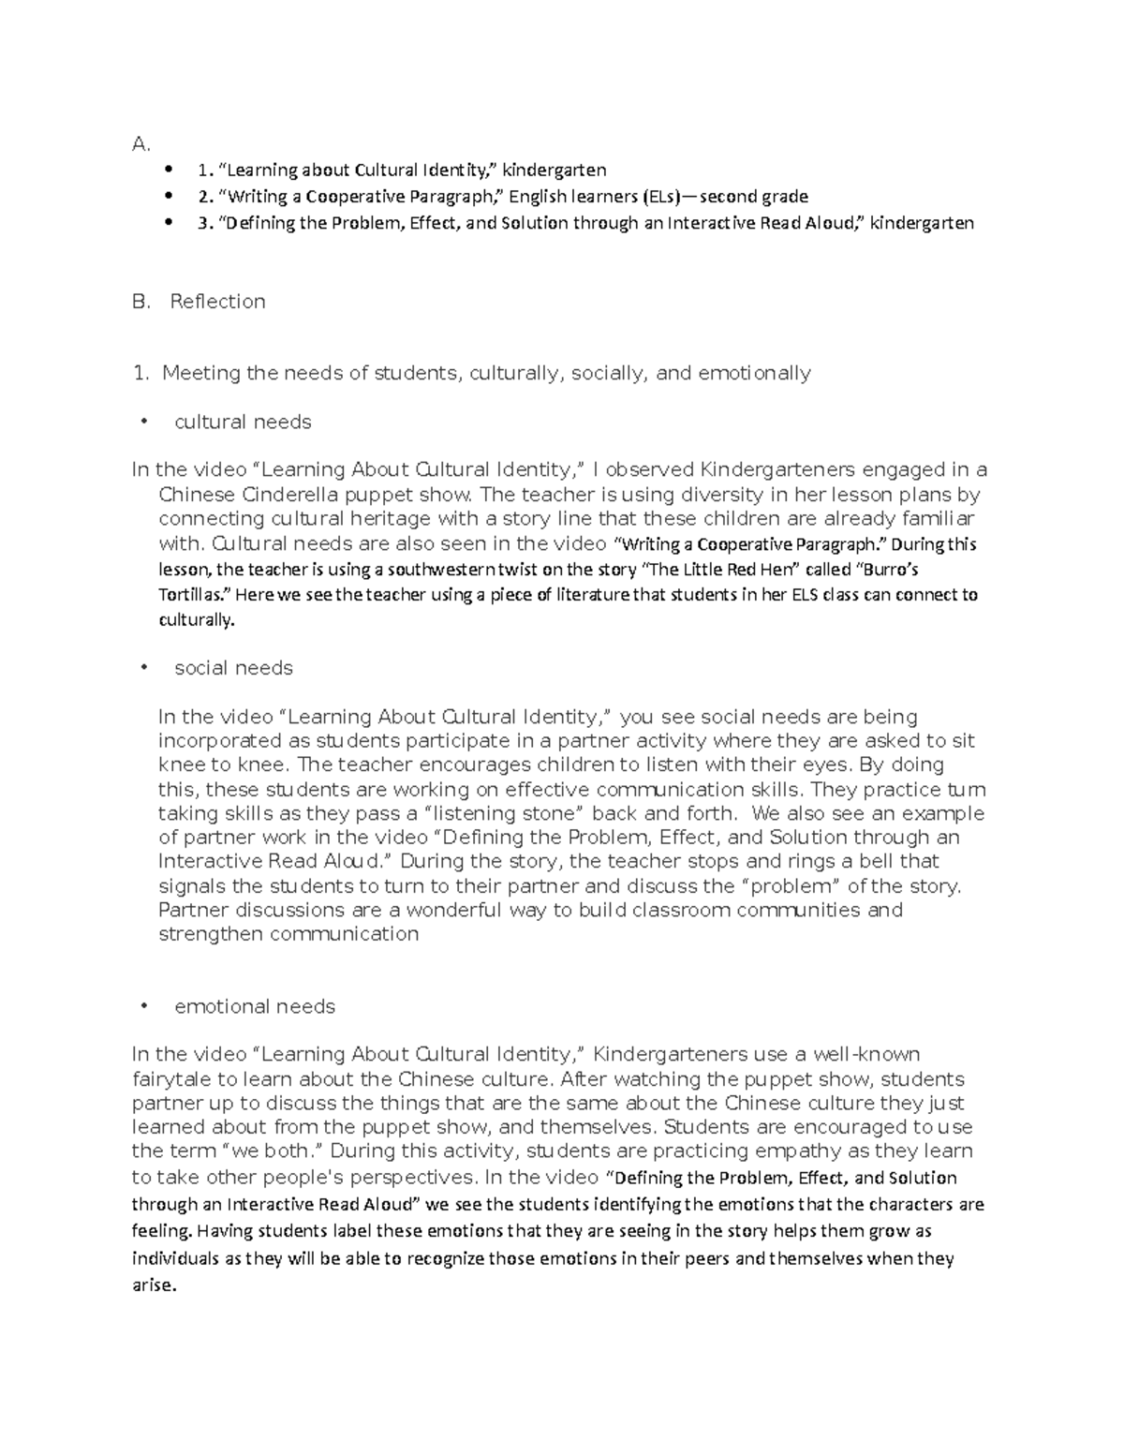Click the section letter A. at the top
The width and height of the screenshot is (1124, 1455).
pyautogui.click(x=140, y=144)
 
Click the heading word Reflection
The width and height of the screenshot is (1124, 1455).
pyautogui.click(x=217, y=302)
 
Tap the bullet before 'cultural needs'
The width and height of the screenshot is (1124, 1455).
pyautogui.click(x=143, y=422)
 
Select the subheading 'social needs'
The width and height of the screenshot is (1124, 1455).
pyautogui.click(x=233, y=668)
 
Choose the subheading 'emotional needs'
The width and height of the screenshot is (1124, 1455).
pyautogui.click(x=254, y=1006)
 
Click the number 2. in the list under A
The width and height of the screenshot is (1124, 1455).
pyautogui.click(x=205, y=197)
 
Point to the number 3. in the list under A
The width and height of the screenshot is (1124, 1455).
pyautogui.click(x=205, y=223)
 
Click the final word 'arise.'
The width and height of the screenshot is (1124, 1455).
pyautogui.click(x=154, y=1285)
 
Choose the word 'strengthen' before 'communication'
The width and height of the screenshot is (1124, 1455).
pyautogui.click(x=212, y=934)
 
